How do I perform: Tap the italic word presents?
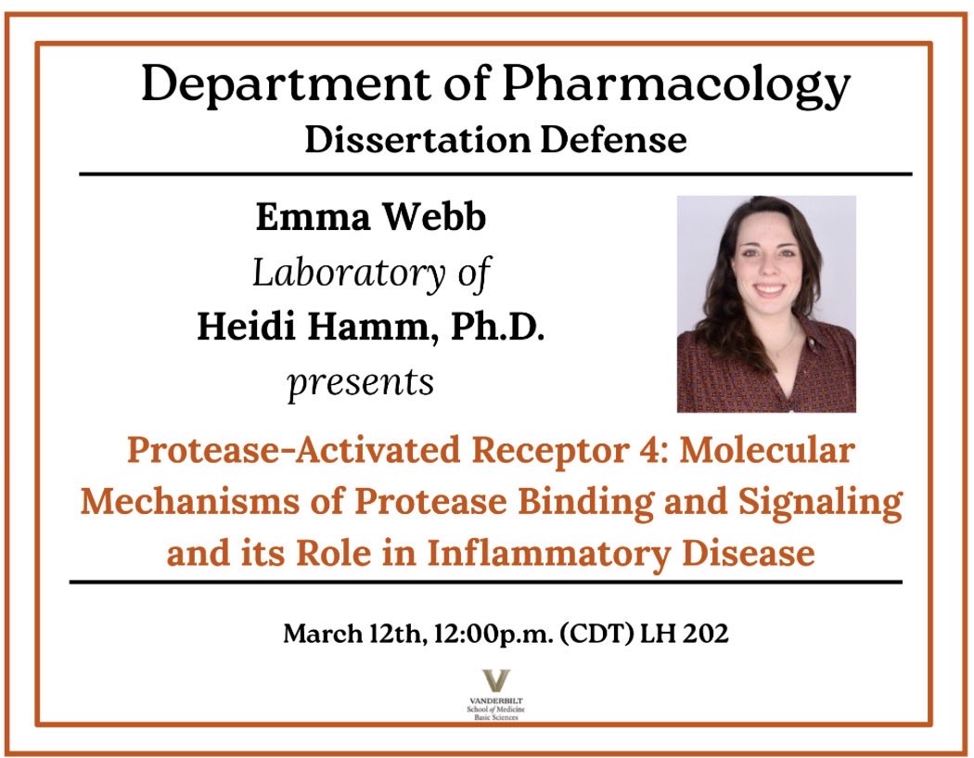point(361,381)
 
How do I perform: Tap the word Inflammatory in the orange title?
point(539,554)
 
